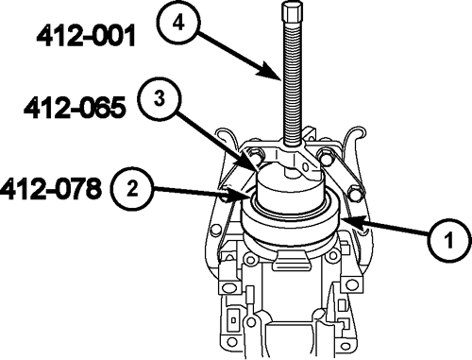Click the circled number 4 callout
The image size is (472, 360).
click(x=178, y=24)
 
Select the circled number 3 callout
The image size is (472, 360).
click(x=160, y=99)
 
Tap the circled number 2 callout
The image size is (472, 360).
click(x=132, y=190)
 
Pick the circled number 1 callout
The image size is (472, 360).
click(x=449, y=240)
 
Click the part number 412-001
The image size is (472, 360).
click(x=86, y=36)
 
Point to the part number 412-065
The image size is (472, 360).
click(x=75, y=108)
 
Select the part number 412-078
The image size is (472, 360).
click(x=51, y=188)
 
